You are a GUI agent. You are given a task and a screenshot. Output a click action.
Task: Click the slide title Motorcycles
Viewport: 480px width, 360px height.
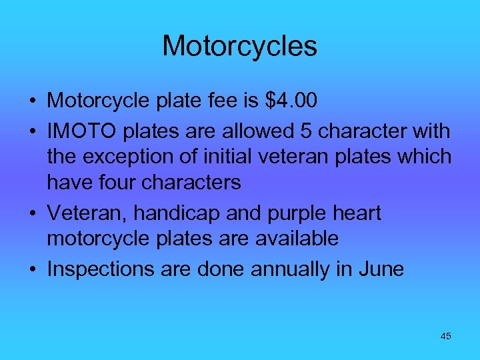[239, 47]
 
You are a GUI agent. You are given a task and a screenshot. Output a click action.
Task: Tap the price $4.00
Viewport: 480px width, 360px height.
[291, 101]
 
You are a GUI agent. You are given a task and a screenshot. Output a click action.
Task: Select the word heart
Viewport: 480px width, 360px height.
[355, 213]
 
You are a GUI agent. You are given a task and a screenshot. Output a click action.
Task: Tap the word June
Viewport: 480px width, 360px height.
[381, 269]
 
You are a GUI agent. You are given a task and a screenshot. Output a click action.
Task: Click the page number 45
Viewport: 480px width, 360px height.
[445, 336]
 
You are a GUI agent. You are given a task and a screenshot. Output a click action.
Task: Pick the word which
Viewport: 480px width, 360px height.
[422, 157]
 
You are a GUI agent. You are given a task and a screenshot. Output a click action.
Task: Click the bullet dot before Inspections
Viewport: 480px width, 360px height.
[32, 269]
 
